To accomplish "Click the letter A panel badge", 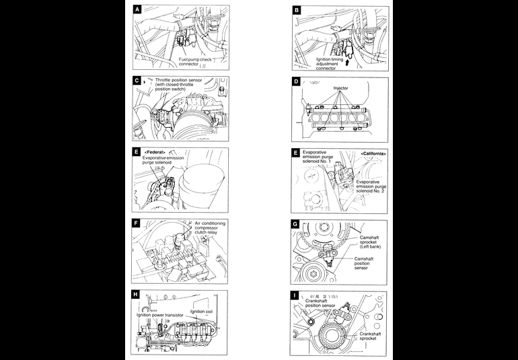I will click(x=138, y=11).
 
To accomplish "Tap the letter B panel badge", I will click(x=297, y=11).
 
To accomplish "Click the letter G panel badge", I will click(x=297, y=225).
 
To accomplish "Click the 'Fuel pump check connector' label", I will click(x=200, y=62).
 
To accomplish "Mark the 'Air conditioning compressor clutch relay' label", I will click(x=211, y=228).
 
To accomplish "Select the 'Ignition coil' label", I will click(x=202, y=311).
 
